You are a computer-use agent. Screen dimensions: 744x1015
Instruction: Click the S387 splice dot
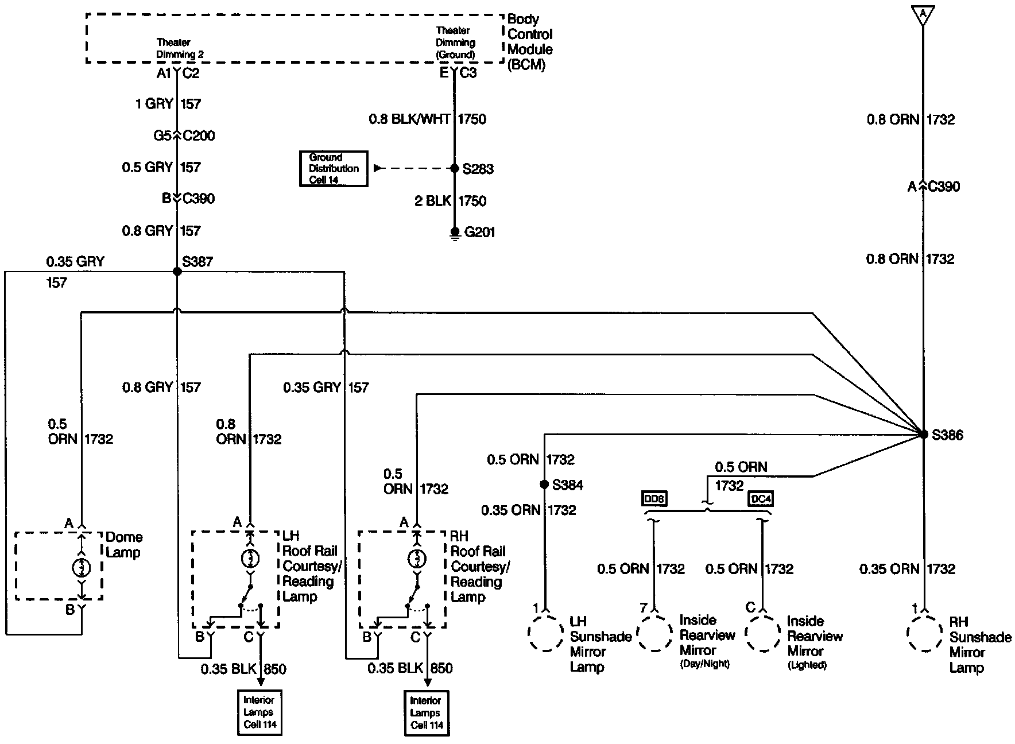(177, 271)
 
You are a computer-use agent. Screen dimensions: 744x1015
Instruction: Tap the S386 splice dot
(923, 435)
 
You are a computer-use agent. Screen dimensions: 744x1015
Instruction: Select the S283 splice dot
(454, 169)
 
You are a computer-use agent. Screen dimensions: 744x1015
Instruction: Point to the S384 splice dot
(544, 485)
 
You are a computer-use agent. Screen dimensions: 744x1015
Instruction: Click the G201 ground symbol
(455, 232)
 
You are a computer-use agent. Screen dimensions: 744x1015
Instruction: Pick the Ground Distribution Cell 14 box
(334, 169)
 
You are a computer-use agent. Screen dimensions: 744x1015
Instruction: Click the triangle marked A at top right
(923, 14)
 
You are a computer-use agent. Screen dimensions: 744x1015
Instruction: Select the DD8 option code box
(654, 499)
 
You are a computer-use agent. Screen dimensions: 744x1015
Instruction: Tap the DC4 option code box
(761, 499)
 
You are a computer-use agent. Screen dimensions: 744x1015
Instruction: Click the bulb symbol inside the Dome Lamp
(82, 567)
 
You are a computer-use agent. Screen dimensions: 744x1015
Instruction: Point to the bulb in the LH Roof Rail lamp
(250, 558)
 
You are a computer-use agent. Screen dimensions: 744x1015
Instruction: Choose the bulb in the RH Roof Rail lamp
(417, 558)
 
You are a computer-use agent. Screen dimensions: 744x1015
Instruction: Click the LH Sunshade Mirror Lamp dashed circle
(545, 634)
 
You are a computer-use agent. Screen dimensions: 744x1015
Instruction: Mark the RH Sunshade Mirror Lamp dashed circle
(924, 634)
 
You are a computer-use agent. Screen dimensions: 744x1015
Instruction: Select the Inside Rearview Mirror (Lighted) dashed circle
(763, 634)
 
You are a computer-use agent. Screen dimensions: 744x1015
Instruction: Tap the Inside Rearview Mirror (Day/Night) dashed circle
(654, 634)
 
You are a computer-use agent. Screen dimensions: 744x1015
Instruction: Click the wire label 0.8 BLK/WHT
(410, 119)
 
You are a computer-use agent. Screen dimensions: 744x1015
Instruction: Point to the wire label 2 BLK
(433, 201)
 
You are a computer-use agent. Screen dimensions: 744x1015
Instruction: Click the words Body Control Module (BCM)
(529, 42)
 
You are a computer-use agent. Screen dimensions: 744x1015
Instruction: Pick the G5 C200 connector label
(184, 136)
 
